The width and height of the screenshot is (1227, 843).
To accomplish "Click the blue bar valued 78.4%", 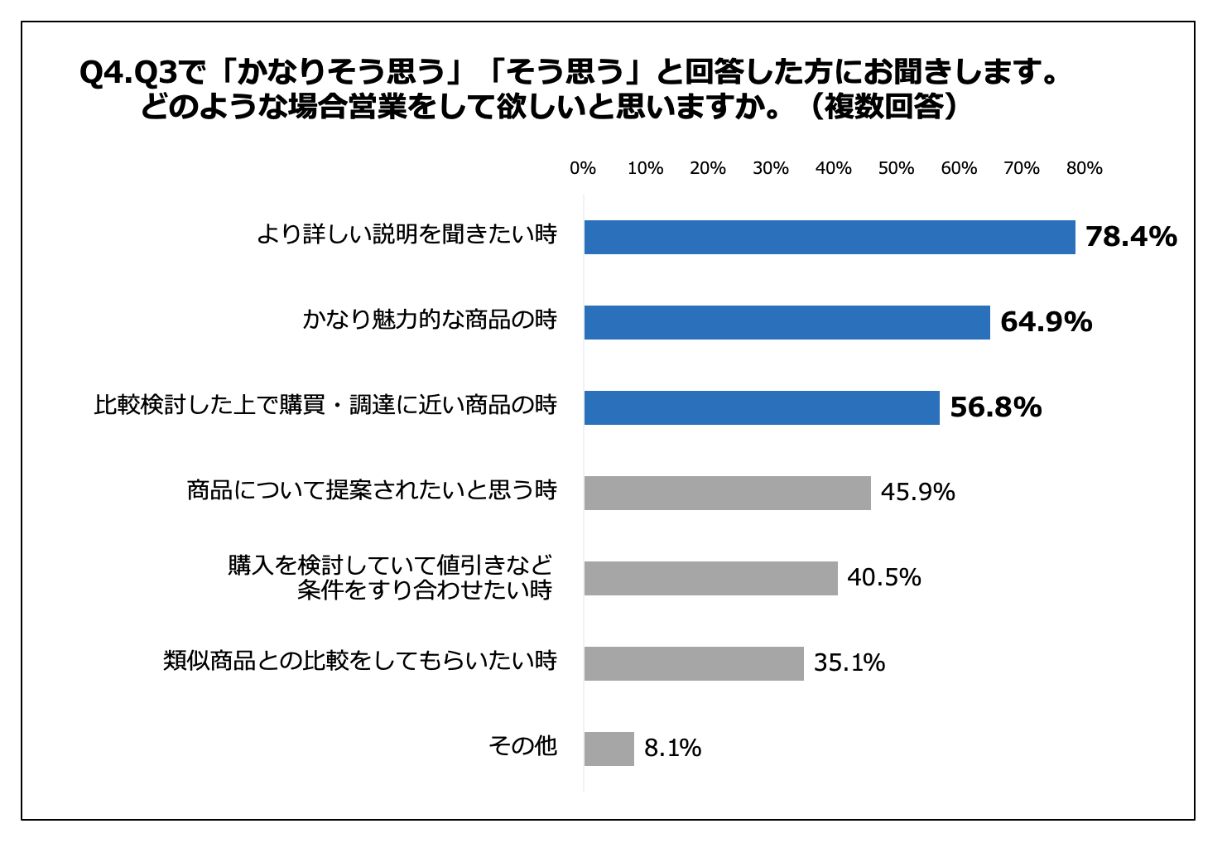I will coord(830,237).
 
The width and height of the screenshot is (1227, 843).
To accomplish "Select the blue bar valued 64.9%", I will coord(787,322).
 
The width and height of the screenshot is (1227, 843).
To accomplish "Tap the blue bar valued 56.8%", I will coord(762,407).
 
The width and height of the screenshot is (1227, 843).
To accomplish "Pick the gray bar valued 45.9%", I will coord(727,493).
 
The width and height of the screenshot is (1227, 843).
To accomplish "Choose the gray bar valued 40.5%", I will coord(710,578).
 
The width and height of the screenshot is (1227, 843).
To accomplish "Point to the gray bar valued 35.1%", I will coord(694,663).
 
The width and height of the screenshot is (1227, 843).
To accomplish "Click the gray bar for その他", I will coord(609,749).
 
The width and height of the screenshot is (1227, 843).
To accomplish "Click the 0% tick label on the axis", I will coord(583,168).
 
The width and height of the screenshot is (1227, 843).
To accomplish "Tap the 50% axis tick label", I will coord(896,168).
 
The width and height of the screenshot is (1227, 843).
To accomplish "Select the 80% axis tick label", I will coord(1084,168).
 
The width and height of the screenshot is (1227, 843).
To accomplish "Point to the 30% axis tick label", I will coord(771,168).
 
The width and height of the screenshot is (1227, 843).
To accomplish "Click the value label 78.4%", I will coord(1131,237).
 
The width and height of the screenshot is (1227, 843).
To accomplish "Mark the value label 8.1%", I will coord(672,749).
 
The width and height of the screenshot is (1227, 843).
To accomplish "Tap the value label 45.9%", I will coord(917,493).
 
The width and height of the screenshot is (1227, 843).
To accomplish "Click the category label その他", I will coord(522,746).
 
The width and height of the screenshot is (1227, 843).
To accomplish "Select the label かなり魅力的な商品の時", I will coord(430,320).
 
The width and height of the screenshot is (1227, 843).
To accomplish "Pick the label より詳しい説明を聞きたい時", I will coord(407,234).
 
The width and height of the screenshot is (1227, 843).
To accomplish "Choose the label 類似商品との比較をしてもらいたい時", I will coord(360,661).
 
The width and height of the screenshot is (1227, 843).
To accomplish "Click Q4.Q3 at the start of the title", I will coord(128,73).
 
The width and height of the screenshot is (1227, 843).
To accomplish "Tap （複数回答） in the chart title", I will coord(884,107).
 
